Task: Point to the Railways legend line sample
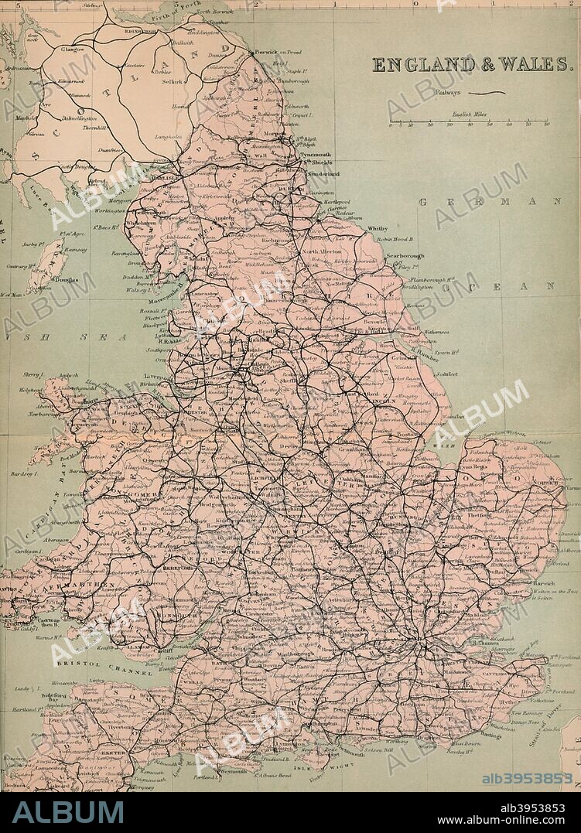(x=492, y=93)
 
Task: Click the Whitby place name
(x=377, y=229)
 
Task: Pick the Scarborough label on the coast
(x=405, y=255)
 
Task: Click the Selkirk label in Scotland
(x=172, y=80)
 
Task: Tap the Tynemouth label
(x=313, y=153)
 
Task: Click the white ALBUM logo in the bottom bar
(x=68, y=812)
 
